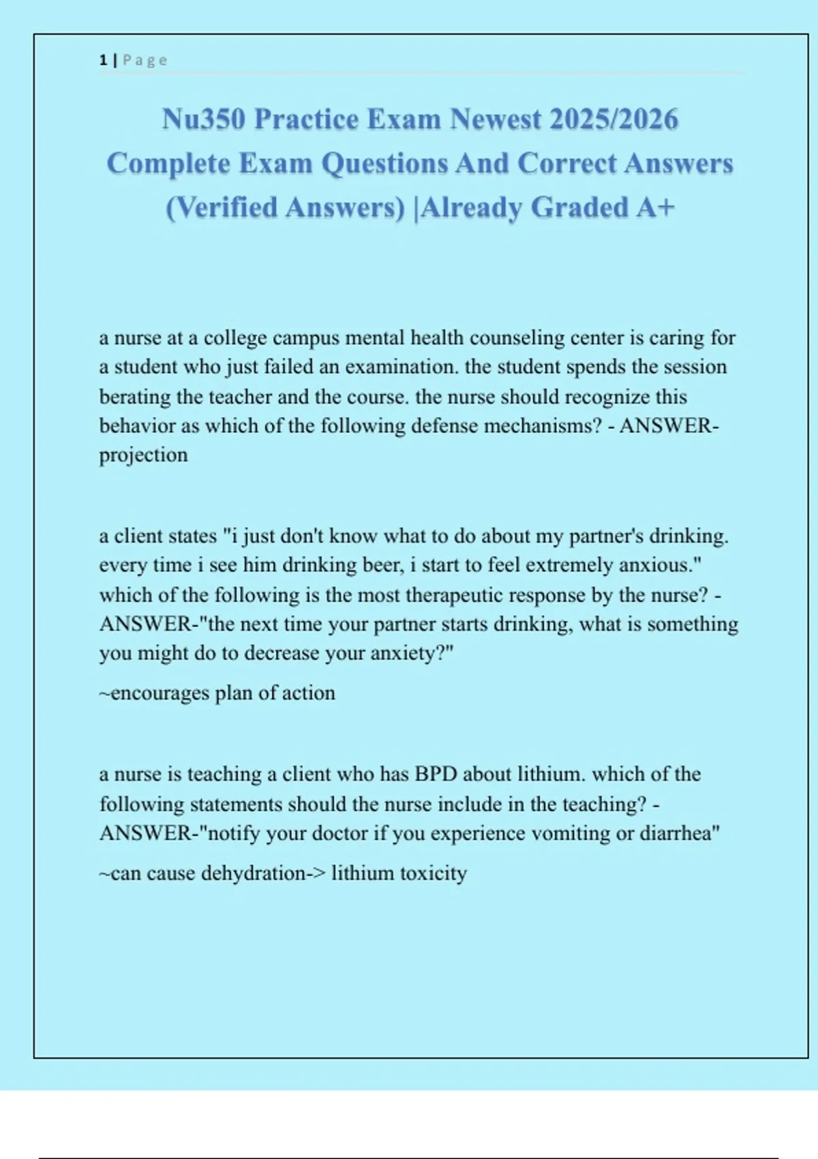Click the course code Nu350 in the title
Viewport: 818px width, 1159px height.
(203, 119)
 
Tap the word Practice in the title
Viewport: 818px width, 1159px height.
(306, 119)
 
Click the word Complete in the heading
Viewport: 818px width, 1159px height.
(168, 164)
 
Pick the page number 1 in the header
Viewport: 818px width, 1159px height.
(103, 60)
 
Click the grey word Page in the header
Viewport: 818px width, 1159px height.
(145, 60)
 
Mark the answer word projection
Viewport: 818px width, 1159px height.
(143, 455)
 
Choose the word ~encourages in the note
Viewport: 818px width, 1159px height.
(155, 693)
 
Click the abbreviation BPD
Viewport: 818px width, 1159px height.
(436, 774)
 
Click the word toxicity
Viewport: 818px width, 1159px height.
(433, 873)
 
